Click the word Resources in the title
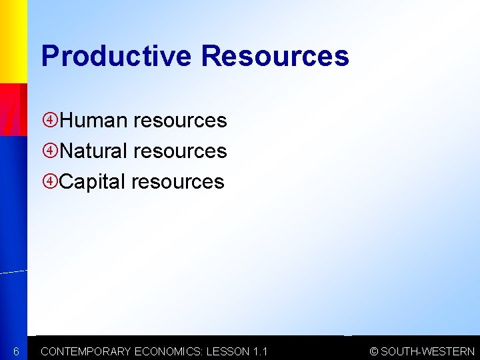point(275,56)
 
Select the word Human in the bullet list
point(93,121)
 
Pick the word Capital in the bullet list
point(93,181)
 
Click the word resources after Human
point(180,121)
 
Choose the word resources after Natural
point(180,151)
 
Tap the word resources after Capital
point(178,181)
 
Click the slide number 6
point(17,351)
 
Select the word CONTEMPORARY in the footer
point(86,351)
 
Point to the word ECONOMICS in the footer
point(170,351)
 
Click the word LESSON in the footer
point(229,351)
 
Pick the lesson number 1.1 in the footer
point(261,351)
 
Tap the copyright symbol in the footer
point(374,351)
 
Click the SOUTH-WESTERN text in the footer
point(428,351)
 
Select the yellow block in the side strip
point(13,40)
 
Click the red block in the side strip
point(13,110)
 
